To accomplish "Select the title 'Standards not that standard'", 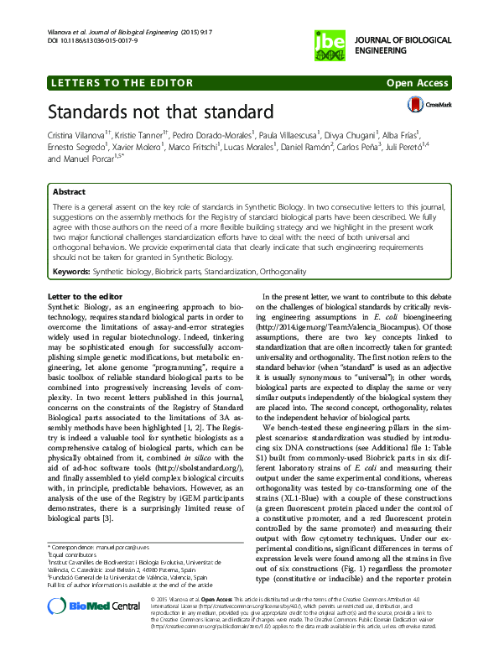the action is tap(160, 112).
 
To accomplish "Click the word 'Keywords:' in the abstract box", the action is tap(70, 272).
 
